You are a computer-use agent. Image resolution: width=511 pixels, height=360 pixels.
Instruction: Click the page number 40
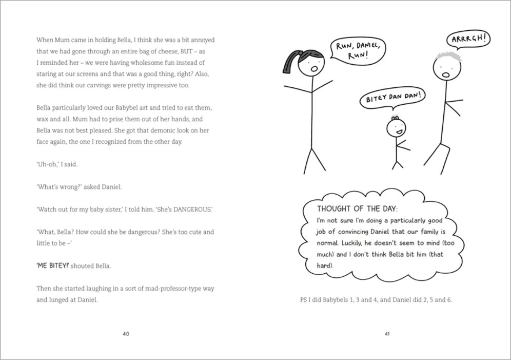pos(126,334)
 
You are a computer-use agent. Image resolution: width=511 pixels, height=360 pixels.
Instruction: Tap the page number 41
pos(387,334)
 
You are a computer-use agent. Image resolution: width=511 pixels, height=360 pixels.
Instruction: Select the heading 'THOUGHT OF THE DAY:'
pos(357,209)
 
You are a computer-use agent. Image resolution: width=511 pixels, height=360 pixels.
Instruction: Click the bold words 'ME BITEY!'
pos(51,266)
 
